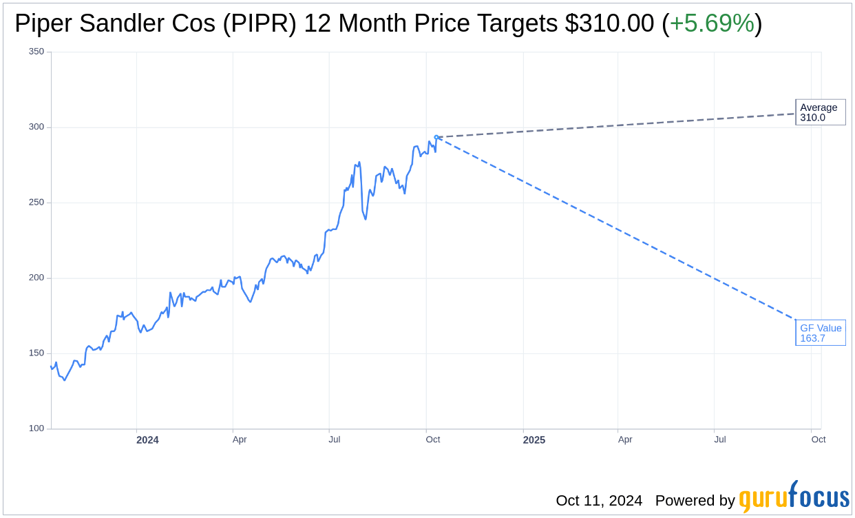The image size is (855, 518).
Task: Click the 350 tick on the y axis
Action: point(36,52)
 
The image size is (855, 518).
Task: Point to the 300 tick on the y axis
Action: point(36,127)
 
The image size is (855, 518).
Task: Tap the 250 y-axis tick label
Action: point(36,203)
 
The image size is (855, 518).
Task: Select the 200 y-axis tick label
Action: point(36,278)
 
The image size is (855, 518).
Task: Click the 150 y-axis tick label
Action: point(36,353)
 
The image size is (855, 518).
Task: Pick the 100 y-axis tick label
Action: point(36,428)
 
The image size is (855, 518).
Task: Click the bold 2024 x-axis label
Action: point(147,440)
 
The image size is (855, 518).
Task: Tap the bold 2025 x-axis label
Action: point(534,440)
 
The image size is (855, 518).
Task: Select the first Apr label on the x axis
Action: point(240,439)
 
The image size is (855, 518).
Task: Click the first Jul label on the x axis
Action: point(334,439)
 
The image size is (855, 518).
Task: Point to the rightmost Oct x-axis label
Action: point(818,439)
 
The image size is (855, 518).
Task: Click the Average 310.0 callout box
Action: point(820,112)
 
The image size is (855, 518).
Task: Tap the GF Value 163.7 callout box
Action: point(820,333)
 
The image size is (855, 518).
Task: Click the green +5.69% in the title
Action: point(712,23)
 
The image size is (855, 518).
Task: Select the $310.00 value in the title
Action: point(609,23)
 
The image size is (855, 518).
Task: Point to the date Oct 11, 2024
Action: point(599,500)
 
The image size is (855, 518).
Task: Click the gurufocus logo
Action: point(794,497)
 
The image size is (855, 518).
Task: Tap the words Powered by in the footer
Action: point(695,500)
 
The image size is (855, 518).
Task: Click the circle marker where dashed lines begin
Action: point(436,137)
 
